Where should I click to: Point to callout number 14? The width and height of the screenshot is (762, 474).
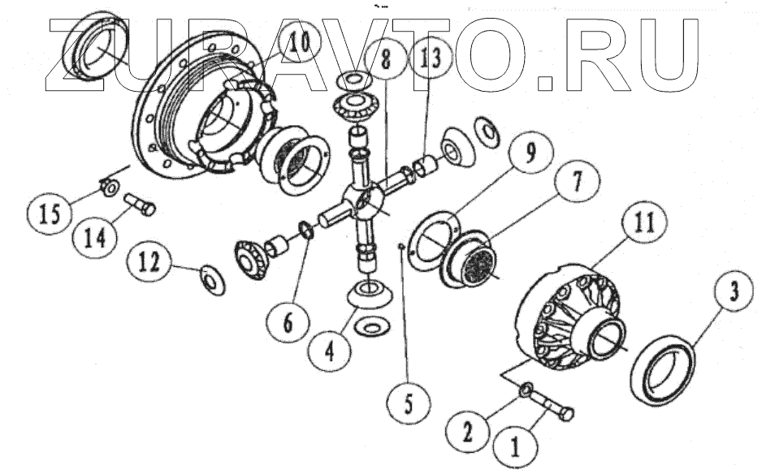point(94,239)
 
